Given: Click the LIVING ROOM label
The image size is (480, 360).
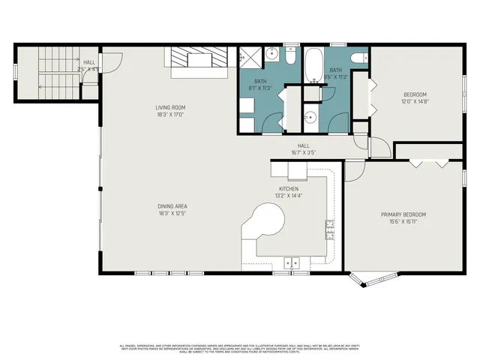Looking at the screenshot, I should (x=169, y=108).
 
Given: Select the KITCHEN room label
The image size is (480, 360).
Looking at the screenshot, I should (x=289, y=188).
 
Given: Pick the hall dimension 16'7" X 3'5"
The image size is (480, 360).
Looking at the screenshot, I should (x=304, y=153).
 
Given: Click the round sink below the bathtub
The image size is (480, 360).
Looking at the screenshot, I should (x=308, y=117).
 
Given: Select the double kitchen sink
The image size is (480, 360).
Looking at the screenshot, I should (x=292, y=262).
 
